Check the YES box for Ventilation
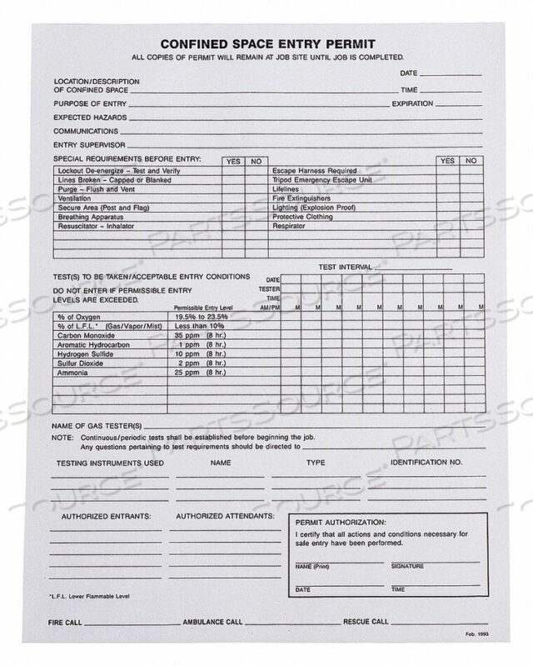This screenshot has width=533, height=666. [x=233, y=199]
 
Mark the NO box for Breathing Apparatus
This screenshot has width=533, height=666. [x=256, y=217]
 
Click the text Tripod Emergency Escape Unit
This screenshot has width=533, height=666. [x=319, y=180]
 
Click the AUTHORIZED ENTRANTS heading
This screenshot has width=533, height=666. [x=106, y=517]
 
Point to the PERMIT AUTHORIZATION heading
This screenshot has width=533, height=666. [x=342, y=521]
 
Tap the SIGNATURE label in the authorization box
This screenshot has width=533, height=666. [x=406, y=566]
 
